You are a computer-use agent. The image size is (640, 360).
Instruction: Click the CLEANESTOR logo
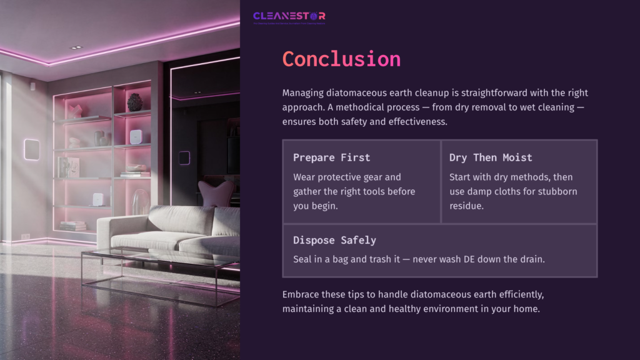click(x=289, y=16)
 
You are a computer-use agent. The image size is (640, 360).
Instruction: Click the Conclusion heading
click(x=341, y=59)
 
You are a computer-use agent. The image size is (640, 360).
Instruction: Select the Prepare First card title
click(x=331, y=157)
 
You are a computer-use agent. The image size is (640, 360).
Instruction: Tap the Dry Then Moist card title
click(x=491, y=157)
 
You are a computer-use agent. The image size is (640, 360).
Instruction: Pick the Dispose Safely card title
click(x=334, y=240)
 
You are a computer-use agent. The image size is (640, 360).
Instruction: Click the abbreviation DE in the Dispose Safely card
click(x=478, y=259)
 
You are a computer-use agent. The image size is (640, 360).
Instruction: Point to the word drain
click(x=531, y=259)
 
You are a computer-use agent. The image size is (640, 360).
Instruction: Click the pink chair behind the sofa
click(x=216, y=192)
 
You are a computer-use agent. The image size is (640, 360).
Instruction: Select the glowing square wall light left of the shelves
click(x=32, y=149)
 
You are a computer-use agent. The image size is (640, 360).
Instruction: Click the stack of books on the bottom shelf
click(x=73, y=226)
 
